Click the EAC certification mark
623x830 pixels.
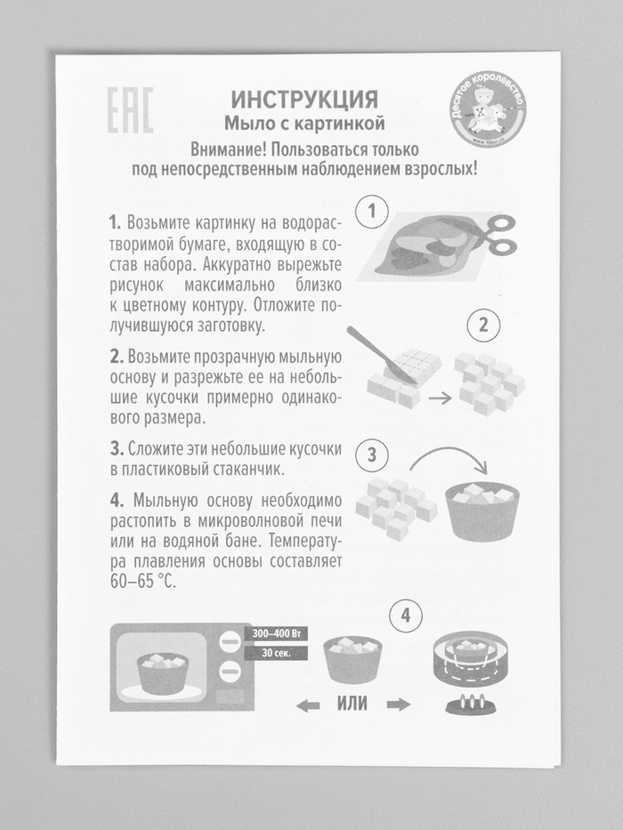(x=130, y=109)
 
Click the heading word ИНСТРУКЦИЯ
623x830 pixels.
(x=304, y=99)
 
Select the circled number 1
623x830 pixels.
(x=371, y=213)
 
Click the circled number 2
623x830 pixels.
(x=483, y=325)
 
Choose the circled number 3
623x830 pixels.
(x=371, y=455)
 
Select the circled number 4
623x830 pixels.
(x=406, y=616)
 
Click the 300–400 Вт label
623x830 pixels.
(x=276, y=633)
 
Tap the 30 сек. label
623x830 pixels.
(x=276, y=653)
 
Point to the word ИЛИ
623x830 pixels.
(x=352, y=704)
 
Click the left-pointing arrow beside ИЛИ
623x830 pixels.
(x=308, y=705)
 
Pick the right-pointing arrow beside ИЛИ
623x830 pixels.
(x=399, y=705)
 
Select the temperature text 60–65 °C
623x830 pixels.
(x=142, y=581)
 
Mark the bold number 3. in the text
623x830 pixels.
(x=117, y=449)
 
